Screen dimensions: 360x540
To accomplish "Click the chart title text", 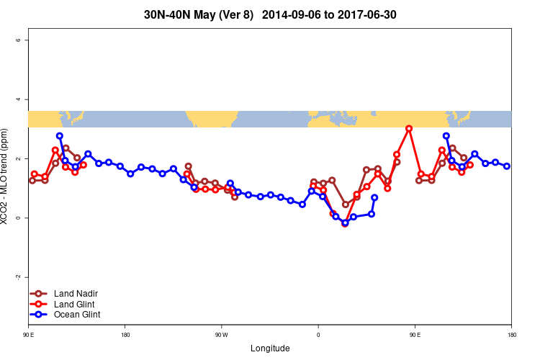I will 270,14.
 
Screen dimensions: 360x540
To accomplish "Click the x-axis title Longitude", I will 270,348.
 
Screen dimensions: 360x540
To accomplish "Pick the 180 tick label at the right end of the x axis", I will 511,335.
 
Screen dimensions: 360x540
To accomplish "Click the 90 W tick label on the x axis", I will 221,335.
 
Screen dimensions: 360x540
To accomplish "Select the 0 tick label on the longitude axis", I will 318,335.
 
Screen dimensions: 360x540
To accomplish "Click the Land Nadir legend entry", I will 76,294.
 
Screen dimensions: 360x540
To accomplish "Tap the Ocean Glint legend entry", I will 77,315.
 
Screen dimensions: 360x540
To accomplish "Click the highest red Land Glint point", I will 409,128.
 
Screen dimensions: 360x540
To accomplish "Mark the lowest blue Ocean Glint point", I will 345,223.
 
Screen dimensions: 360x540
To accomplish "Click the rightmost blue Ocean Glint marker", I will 507,166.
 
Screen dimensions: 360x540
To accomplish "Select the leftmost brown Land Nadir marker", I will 32,181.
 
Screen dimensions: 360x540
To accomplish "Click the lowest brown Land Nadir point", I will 345,204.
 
